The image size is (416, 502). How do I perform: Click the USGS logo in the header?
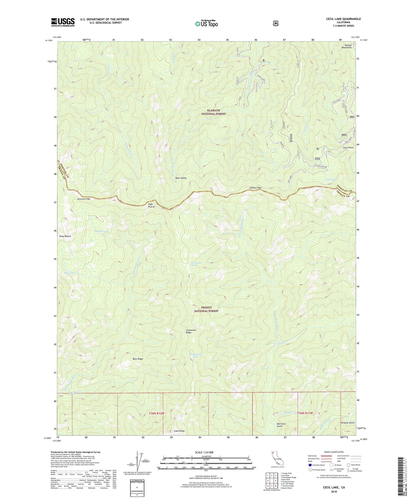pyautogui.click(x=63, y=22)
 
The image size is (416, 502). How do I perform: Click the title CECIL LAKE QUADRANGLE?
pyautogui.click(x=343, y=19)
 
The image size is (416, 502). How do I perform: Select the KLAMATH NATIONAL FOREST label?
pyautogui.click(x=213, y=112)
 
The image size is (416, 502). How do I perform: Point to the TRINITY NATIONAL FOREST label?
pyautogui.click(x=206, y=309)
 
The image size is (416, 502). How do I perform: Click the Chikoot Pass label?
pyautogui.click(x=255, y=188)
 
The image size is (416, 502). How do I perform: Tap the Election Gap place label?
pyautogui.click(x=84, y=199)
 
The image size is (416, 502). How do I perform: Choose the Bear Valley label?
pyautogui.click(x=181, y=178)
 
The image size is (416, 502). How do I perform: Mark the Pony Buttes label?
pyautogui.click(x=65, y=236)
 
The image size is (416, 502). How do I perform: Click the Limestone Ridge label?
pyautogui.click(x=191, y=331)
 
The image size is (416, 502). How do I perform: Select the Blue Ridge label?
pyautogui.click(x=138, y=359)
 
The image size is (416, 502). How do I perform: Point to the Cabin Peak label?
pyautogui.click(x=179, y=431)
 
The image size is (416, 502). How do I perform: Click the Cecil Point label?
pyautogui.click(x=348, y=148)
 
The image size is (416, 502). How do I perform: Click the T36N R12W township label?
pyautogui.click(x=157, y=413)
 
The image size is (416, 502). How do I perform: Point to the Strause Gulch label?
pyautogui.click(x=347, y=423)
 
